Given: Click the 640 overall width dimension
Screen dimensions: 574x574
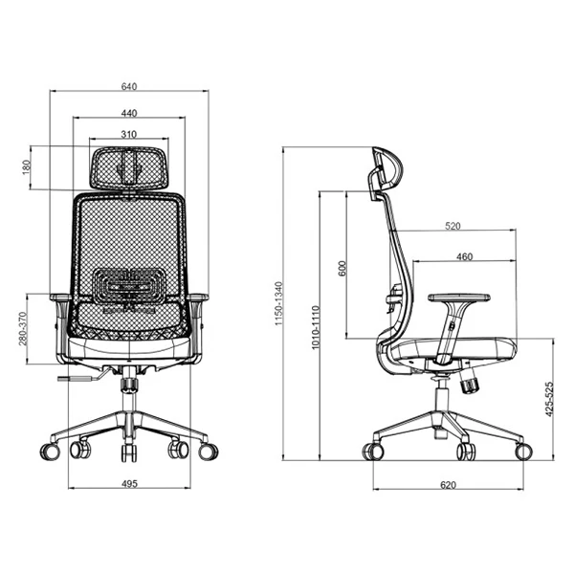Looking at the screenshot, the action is pos(129,86).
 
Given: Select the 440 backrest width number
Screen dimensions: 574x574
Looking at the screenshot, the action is pos(129,113).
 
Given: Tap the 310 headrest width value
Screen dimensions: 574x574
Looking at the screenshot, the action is pos(129,134).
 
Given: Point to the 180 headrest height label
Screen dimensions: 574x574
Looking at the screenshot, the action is pos(26,166).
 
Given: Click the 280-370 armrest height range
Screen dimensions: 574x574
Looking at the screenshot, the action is pos(23,329).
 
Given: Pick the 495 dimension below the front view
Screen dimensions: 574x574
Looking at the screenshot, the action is pos(129,483).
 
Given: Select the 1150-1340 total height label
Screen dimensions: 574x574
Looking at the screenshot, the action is pos(278,303).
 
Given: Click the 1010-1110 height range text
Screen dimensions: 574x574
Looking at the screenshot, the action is pos(315,327).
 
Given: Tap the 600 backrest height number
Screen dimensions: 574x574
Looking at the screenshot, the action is pos(342,268).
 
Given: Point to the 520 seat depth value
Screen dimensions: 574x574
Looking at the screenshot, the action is pos(453,226).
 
